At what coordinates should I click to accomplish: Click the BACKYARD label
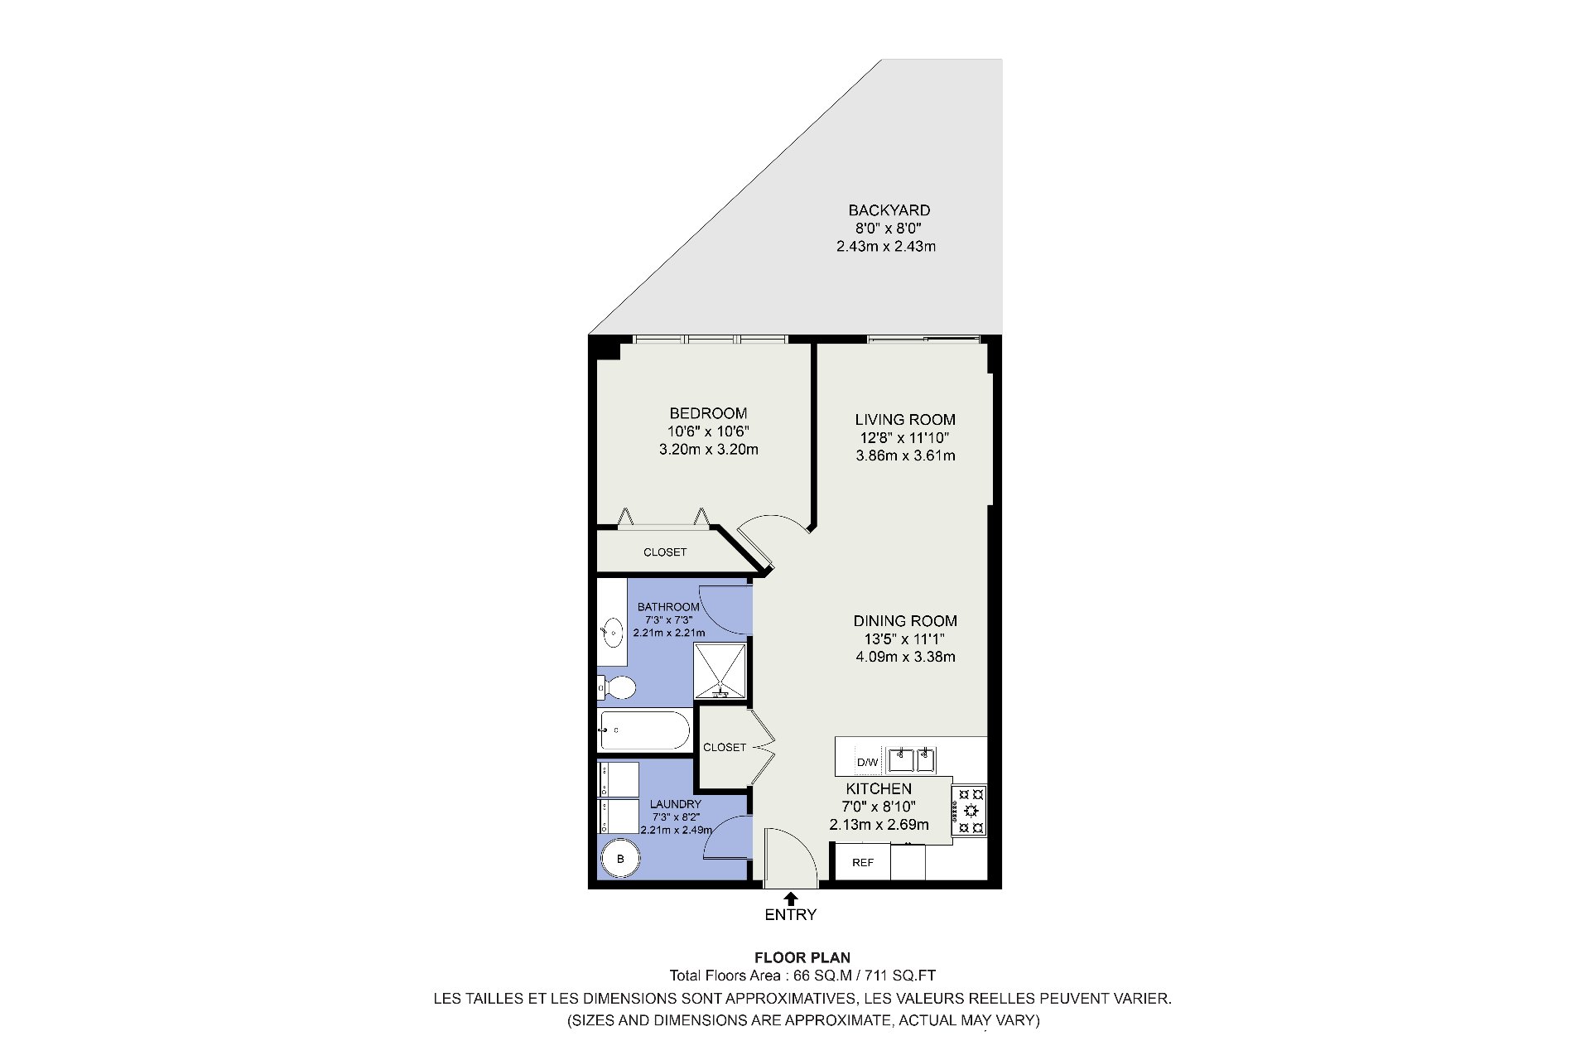click(x=889, y=210)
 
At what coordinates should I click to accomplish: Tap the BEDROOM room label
click(x=708, y=413)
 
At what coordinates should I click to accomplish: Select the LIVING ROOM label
click(x=905, y=420)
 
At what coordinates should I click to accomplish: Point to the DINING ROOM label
click(x=905, y=621)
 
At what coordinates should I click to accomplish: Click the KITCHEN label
click(x=879, y=789)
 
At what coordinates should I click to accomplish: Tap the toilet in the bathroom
click(x=616, y=687)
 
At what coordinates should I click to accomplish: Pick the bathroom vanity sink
click(x=612, y=634)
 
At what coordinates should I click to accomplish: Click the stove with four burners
click(x=969, y=810)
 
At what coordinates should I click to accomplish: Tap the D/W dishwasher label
click(x=867, y=763)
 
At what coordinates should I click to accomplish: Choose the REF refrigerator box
click(x=863, y=862)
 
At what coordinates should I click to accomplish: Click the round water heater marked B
click(x=620, y=860)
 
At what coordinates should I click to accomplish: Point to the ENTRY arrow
click(x=791, y=898)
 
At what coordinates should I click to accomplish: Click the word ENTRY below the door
click(x=791, y=915)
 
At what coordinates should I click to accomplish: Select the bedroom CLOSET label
click(x=665, y=552)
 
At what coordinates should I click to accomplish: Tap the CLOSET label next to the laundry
click(x=725, y=747)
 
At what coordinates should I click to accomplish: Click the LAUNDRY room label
click(x=676, y=804)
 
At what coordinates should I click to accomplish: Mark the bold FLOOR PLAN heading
click(x=802, y=958)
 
